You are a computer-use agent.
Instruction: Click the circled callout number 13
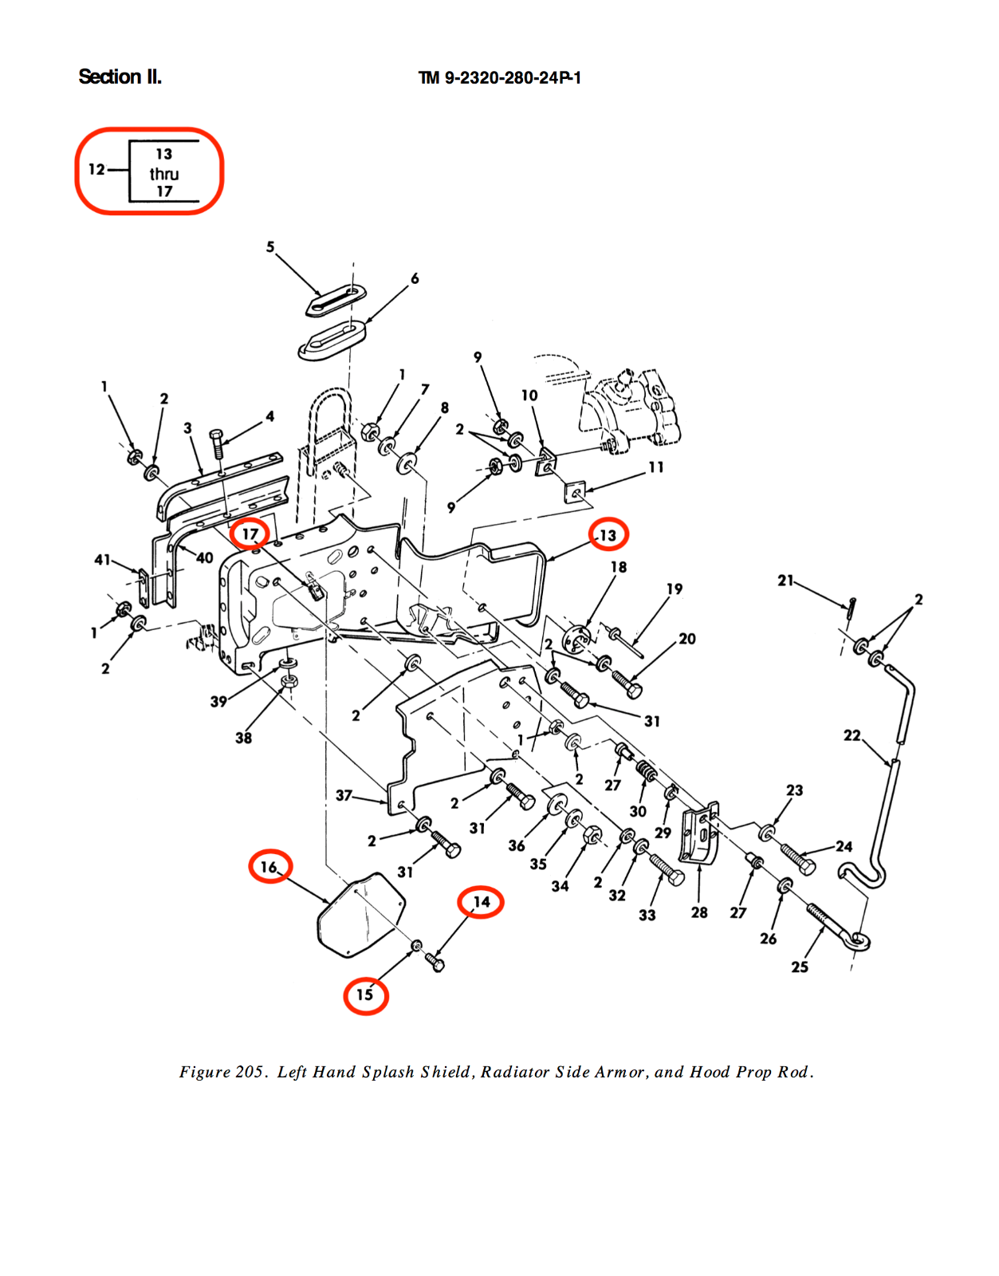[x=608, y=535]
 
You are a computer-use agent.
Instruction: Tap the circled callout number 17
[x=250, y=534]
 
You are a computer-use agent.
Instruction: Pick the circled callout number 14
[x=482, y=902]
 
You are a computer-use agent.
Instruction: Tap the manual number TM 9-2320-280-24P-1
[x=499, y=78]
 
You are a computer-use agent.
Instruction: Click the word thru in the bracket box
[x=163, y=174]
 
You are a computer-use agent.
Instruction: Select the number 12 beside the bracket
[x=96, y=170]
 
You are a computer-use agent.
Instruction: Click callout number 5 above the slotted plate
[x=270, y=247]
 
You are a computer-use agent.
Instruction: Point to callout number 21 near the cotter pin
[x=786, y=581]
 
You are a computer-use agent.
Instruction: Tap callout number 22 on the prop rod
[x=852, y=735]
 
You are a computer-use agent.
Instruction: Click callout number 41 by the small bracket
[x=102, y=560]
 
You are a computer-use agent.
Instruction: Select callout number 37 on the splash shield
[x=344, y=796]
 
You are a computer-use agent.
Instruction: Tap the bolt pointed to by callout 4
[x=217, y=444]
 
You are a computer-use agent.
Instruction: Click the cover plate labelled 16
[x=361, y=915]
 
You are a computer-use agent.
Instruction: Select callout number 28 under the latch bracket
[x=699, y=912]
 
